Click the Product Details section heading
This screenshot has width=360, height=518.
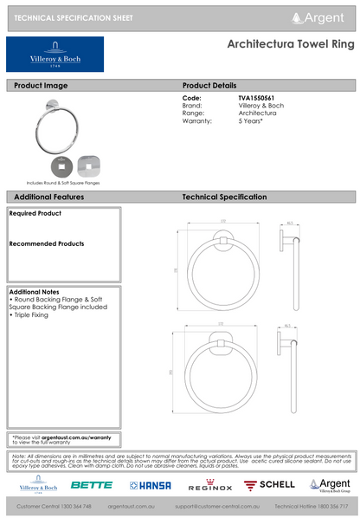[209, 86]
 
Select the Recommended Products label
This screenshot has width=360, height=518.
[46, 244]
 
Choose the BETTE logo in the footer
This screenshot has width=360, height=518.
[92, 485]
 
